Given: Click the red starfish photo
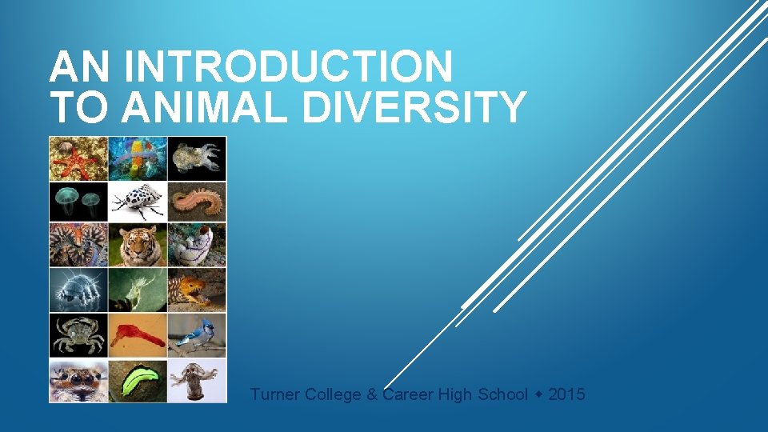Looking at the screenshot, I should tap(78, 158).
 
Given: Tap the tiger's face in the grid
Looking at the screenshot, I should tap(138, 246).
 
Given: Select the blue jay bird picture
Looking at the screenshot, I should tap(197, 335).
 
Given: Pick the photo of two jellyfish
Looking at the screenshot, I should tap(78, 202).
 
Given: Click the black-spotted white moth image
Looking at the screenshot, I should tap(138, 202).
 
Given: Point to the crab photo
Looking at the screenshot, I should tap(78, 335).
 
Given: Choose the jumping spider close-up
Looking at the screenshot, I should tap(78, 380).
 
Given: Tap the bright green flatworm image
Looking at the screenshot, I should tap(138, 380).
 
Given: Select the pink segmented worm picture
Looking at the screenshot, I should tap(197, 202).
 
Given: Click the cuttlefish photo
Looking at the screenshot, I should tap(197, 158).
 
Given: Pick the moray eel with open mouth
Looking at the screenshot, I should tap(197, 290).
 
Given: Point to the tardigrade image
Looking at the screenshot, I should tap(78, 290).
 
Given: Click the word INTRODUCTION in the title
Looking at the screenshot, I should tap(289, 67).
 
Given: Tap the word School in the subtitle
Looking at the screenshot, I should tap(503, 394).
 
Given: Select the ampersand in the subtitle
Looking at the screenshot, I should tap(372, 394).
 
